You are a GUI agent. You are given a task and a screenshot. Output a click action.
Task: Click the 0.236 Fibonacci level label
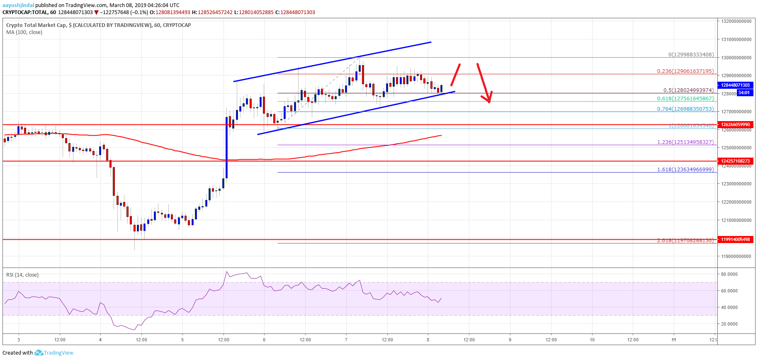pyautogui.click(x=685, y=71)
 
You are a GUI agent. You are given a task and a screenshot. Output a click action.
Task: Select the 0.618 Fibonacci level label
pyautogui.click(x=685, y=99)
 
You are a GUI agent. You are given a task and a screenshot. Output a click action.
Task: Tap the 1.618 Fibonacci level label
pyautogui.click(x=685, y=170)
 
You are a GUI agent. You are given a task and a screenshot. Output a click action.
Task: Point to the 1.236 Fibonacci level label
pyautogui.click(x=685, y=142)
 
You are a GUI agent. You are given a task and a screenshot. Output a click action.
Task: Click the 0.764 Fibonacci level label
pyautogui.click(x=685, y=109)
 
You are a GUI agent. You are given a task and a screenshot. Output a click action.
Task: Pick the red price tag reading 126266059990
pyautogui.click(x=735, y=124)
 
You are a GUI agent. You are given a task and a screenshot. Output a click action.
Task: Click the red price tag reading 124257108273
pyautogui.click(x=735, y=161)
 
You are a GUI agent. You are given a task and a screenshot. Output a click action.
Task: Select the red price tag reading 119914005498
pyautogui.click(x=735, y=240)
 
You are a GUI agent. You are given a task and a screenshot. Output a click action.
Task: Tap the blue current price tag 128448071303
pyautogui.click(x=735, y=85)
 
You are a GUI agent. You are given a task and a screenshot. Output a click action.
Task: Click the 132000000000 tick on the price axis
pyautogui.click(x=736, y=21)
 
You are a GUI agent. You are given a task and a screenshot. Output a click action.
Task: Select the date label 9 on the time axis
pyautogui.click(x=510, y=340)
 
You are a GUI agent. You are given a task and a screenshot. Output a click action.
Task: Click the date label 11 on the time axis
pyautogui.click(x=674, y=340)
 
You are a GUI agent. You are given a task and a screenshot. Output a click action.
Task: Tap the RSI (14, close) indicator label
pyautogui.click(x=22, y=275)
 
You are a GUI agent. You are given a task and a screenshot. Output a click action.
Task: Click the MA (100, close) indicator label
pyautogui.click(x=24, y=32)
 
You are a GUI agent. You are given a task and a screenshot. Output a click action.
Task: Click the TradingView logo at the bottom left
pyautogui.click(x=54, y=353)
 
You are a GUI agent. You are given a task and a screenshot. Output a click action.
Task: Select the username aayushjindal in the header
pyautogui.click(x=18, y=5)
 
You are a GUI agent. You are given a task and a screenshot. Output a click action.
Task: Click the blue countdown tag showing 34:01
pyautogui.click(x=744, y=92)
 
